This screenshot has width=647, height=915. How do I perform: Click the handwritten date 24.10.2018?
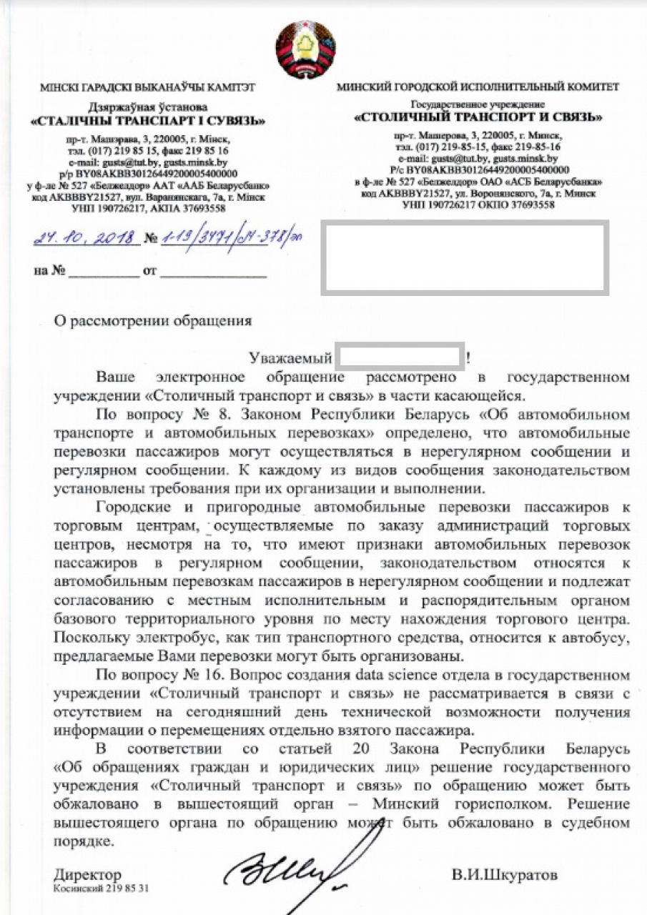click(x=87, y=237)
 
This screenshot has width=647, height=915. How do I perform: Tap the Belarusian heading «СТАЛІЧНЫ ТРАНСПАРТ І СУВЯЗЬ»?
click(x=147, y=121)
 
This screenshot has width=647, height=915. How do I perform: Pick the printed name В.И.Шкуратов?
click(x=504, y=875)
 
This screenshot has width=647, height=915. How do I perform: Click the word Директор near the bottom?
click(x=87, y=875)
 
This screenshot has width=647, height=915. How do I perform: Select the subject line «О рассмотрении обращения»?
click(x=153, y=320)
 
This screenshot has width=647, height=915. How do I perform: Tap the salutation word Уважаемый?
click(x=290, y=357)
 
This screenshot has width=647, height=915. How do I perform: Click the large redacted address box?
click(x=465, y=257)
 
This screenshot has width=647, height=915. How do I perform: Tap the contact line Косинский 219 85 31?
click(x=101, y=889)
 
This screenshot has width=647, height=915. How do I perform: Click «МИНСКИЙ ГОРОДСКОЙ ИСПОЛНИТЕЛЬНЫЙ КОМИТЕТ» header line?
click(x=478, y=87)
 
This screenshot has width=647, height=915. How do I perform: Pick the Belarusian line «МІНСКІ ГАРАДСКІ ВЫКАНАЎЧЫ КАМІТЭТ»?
click(x=148, y=88)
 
